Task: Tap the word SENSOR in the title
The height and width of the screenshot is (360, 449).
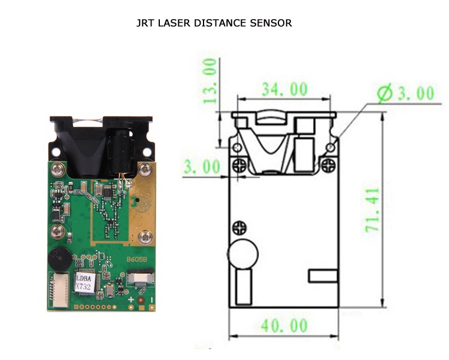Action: point(273,24)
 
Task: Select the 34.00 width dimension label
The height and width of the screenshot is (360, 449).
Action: point(284,90)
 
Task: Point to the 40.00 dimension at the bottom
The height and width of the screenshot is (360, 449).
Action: point(284,326)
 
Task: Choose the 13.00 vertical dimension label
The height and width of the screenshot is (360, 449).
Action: point(209,81)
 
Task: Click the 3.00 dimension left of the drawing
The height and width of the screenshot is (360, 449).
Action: point(202,167)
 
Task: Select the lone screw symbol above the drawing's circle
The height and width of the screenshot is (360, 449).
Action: point(241,227)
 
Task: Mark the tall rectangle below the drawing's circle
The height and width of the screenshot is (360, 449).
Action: point(243,286)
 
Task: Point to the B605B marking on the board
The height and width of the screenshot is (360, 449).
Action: point(136,260)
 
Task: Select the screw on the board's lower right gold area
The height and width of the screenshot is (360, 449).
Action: point(144,237)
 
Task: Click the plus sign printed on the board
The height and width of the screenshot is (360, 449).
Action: point(131,300)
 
